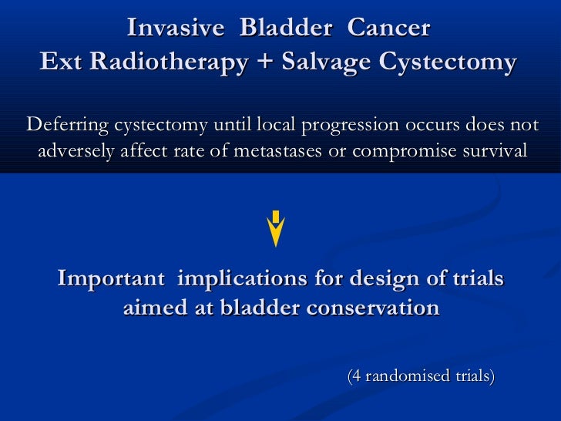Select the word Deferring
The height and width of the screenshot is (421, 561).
tap(68, 125)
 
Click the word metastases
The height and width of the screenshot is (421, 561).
tap(277, 150)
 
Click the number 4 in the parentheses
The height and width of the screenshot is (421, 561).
tap(356, 376)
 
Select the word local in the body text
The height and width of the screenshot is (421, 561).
tap(277, 125)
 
